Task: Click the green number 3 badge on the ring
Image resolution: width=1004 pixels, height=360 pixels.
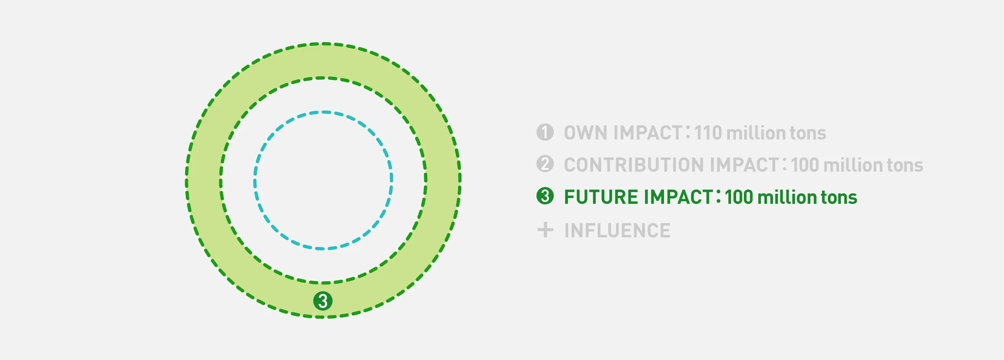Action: click(323, 301)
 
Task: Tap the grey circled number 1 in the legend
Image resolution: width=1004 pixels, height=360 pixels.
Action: click(545, 132)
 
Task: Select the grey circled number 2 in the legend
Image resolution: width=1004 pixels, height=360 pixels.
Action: click(545, 164)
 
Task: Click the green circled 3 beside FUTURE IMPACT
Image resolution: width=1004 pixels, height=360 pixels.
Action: click(545, 196)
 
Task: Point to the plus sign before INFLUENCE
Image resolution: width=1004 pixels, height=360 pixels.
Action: click(545, 230)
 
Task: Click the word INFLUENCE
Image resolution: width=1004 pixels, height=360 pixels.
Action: click(617, 231)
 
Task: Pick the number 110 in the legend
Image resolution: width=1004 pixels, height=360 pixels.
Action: click(708, 133)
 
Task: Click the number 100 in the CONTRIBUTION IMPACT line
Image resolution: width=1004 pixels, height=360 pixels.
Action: click(805, 165)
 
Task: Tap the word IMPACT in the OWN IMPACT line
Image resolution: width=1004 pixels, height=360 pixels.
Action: click(648, 133)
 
